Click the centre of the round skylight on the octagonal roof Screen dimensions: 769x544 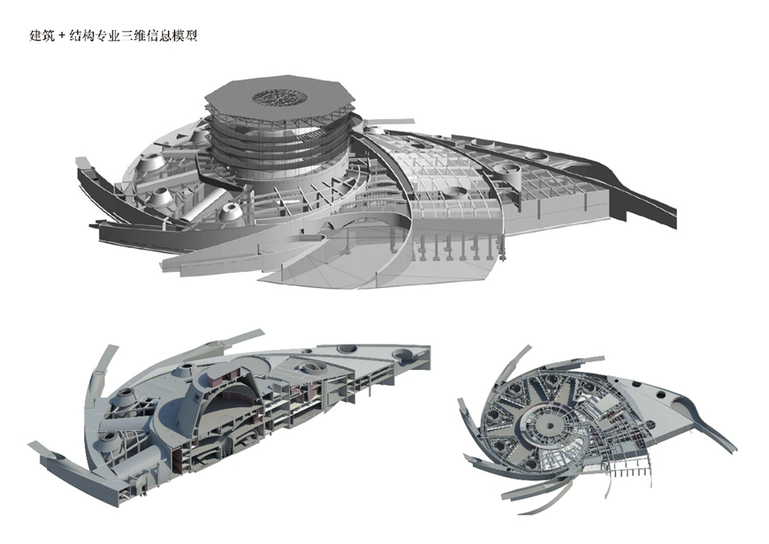[x=279, y=96]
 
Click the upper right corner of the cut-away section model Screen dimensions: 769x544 [x=430, y=346]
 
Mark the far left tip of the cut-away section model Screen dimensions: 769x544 [x=28, y=444]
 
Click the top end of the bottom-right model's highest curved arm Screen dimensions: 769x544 [x=529, y=346]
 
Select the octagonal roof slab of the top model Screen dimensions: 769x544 [x=279, y=101]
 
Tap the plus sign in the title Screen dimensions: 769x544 [x=62, y=36]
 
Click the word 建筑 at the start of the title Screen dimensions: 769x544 [x=42, y=36]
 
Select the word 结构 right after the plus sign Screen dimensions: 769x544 [x=82, y=36]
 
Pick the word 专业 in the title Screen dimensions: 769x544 [x=108, y=36]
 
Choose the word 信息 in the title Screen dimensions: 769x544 [x=159, y=36]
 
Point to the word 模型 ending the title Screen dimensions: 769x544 [x=185, y=36]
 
